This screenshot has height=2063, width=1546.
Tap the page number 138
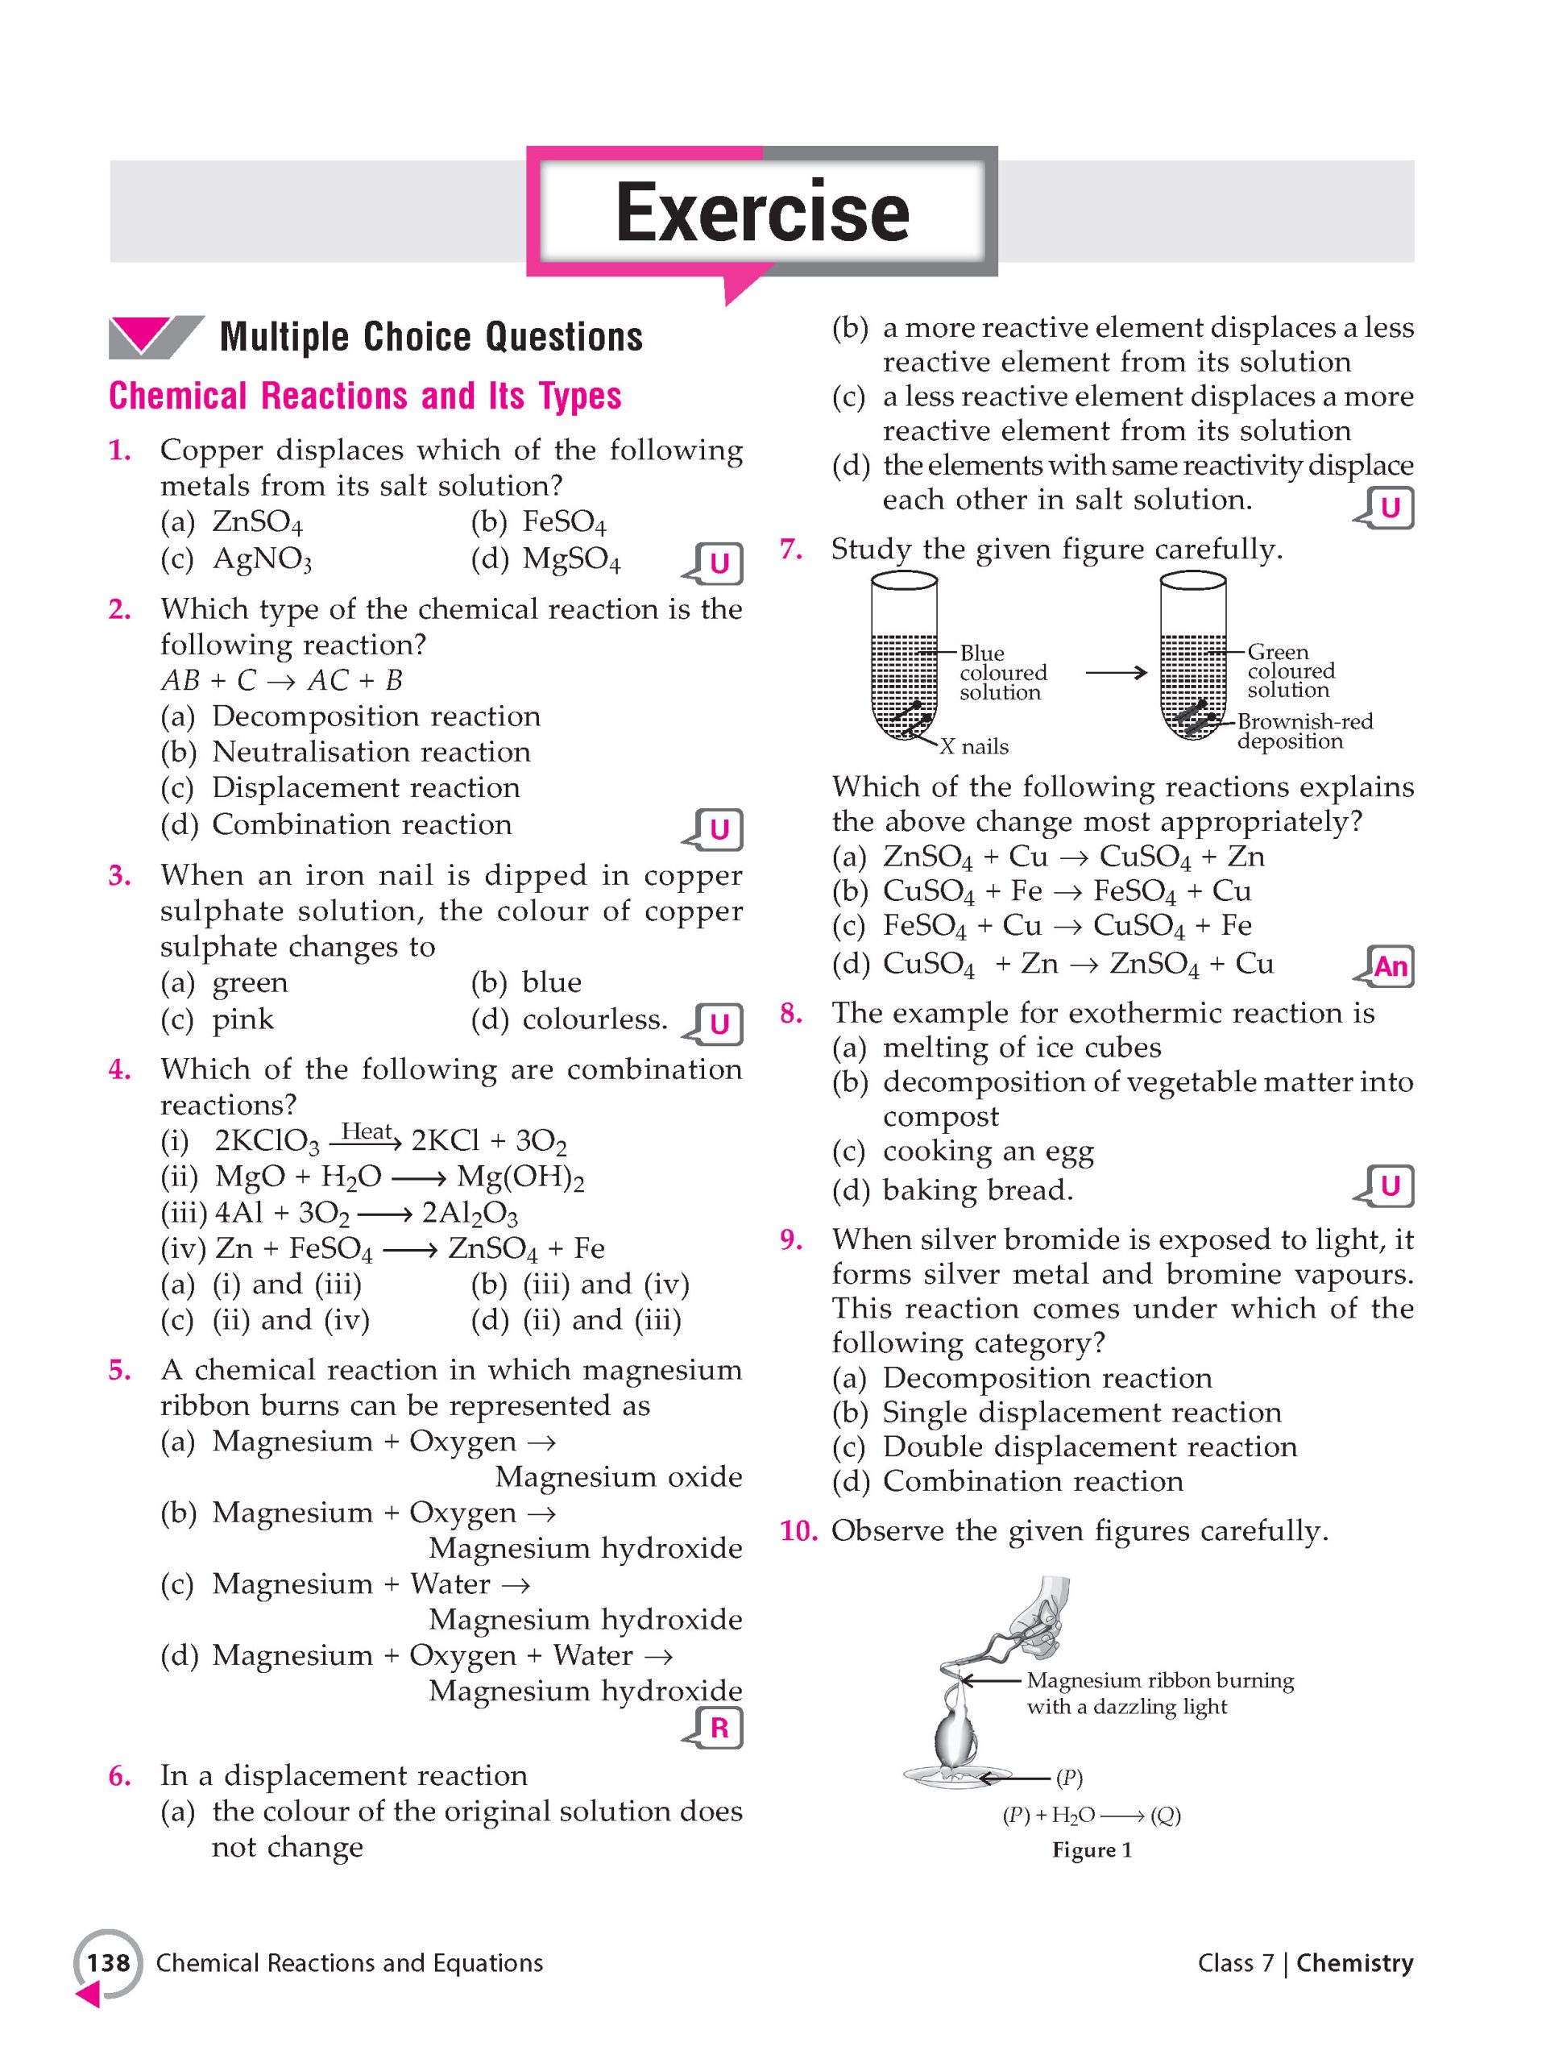tap(108, 1963)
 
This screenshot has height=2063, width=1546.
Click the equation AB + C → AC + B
tap(282, 680)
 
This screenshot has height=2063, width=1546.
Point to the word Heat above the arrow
tap(367, 1131)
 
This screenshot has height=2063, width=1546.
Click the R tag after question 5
tap(719, 1729)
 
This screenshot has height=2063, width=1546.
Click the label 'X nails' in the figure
tap(973, 746)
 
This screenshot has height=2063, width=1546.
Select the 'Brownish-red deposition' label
tap(1304, 731)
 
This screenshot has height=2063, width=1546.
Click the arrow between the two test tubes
tap(1115, 671)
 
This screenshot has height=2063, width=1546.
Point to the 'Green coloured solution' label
tap(1291, 670)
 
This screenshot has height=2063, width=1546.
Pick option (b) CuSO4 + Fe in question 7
tap(1066, 891)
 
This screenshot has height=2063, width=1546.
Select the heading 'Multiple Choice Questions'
tap(431, 337)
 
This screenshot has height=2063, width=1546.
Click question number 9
tap(790, 1239)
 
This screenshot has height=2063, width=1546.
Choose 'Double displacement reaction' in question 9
tap(1089, 1447)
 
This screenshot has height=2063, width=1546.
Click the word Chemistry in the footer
tap(1354, 1963)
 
